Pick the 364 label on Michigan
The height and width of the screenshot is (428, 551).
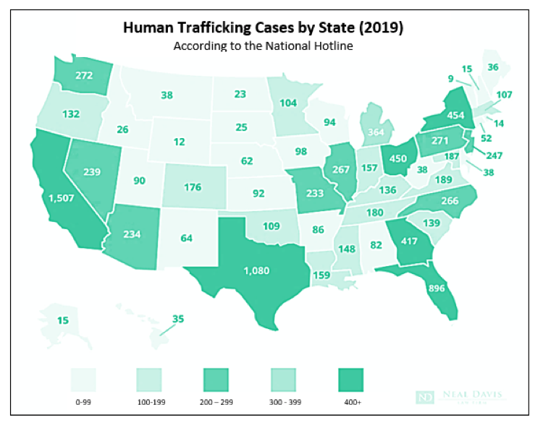pos(375,132)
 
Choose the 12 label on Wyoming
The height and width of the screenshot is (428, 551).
pos(179,142)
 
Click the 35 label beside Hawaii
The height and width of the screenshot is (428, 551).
pos(178,319)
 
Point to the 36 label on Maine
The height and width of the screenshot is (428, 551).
pos(493,67)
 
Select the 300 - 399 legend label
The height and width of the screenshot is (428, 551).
pos(283,402)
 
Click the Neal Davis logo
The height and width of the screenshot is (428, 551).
pos(460,396)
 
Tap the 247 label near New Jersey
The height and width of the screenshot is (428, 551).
pos(493,155)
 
